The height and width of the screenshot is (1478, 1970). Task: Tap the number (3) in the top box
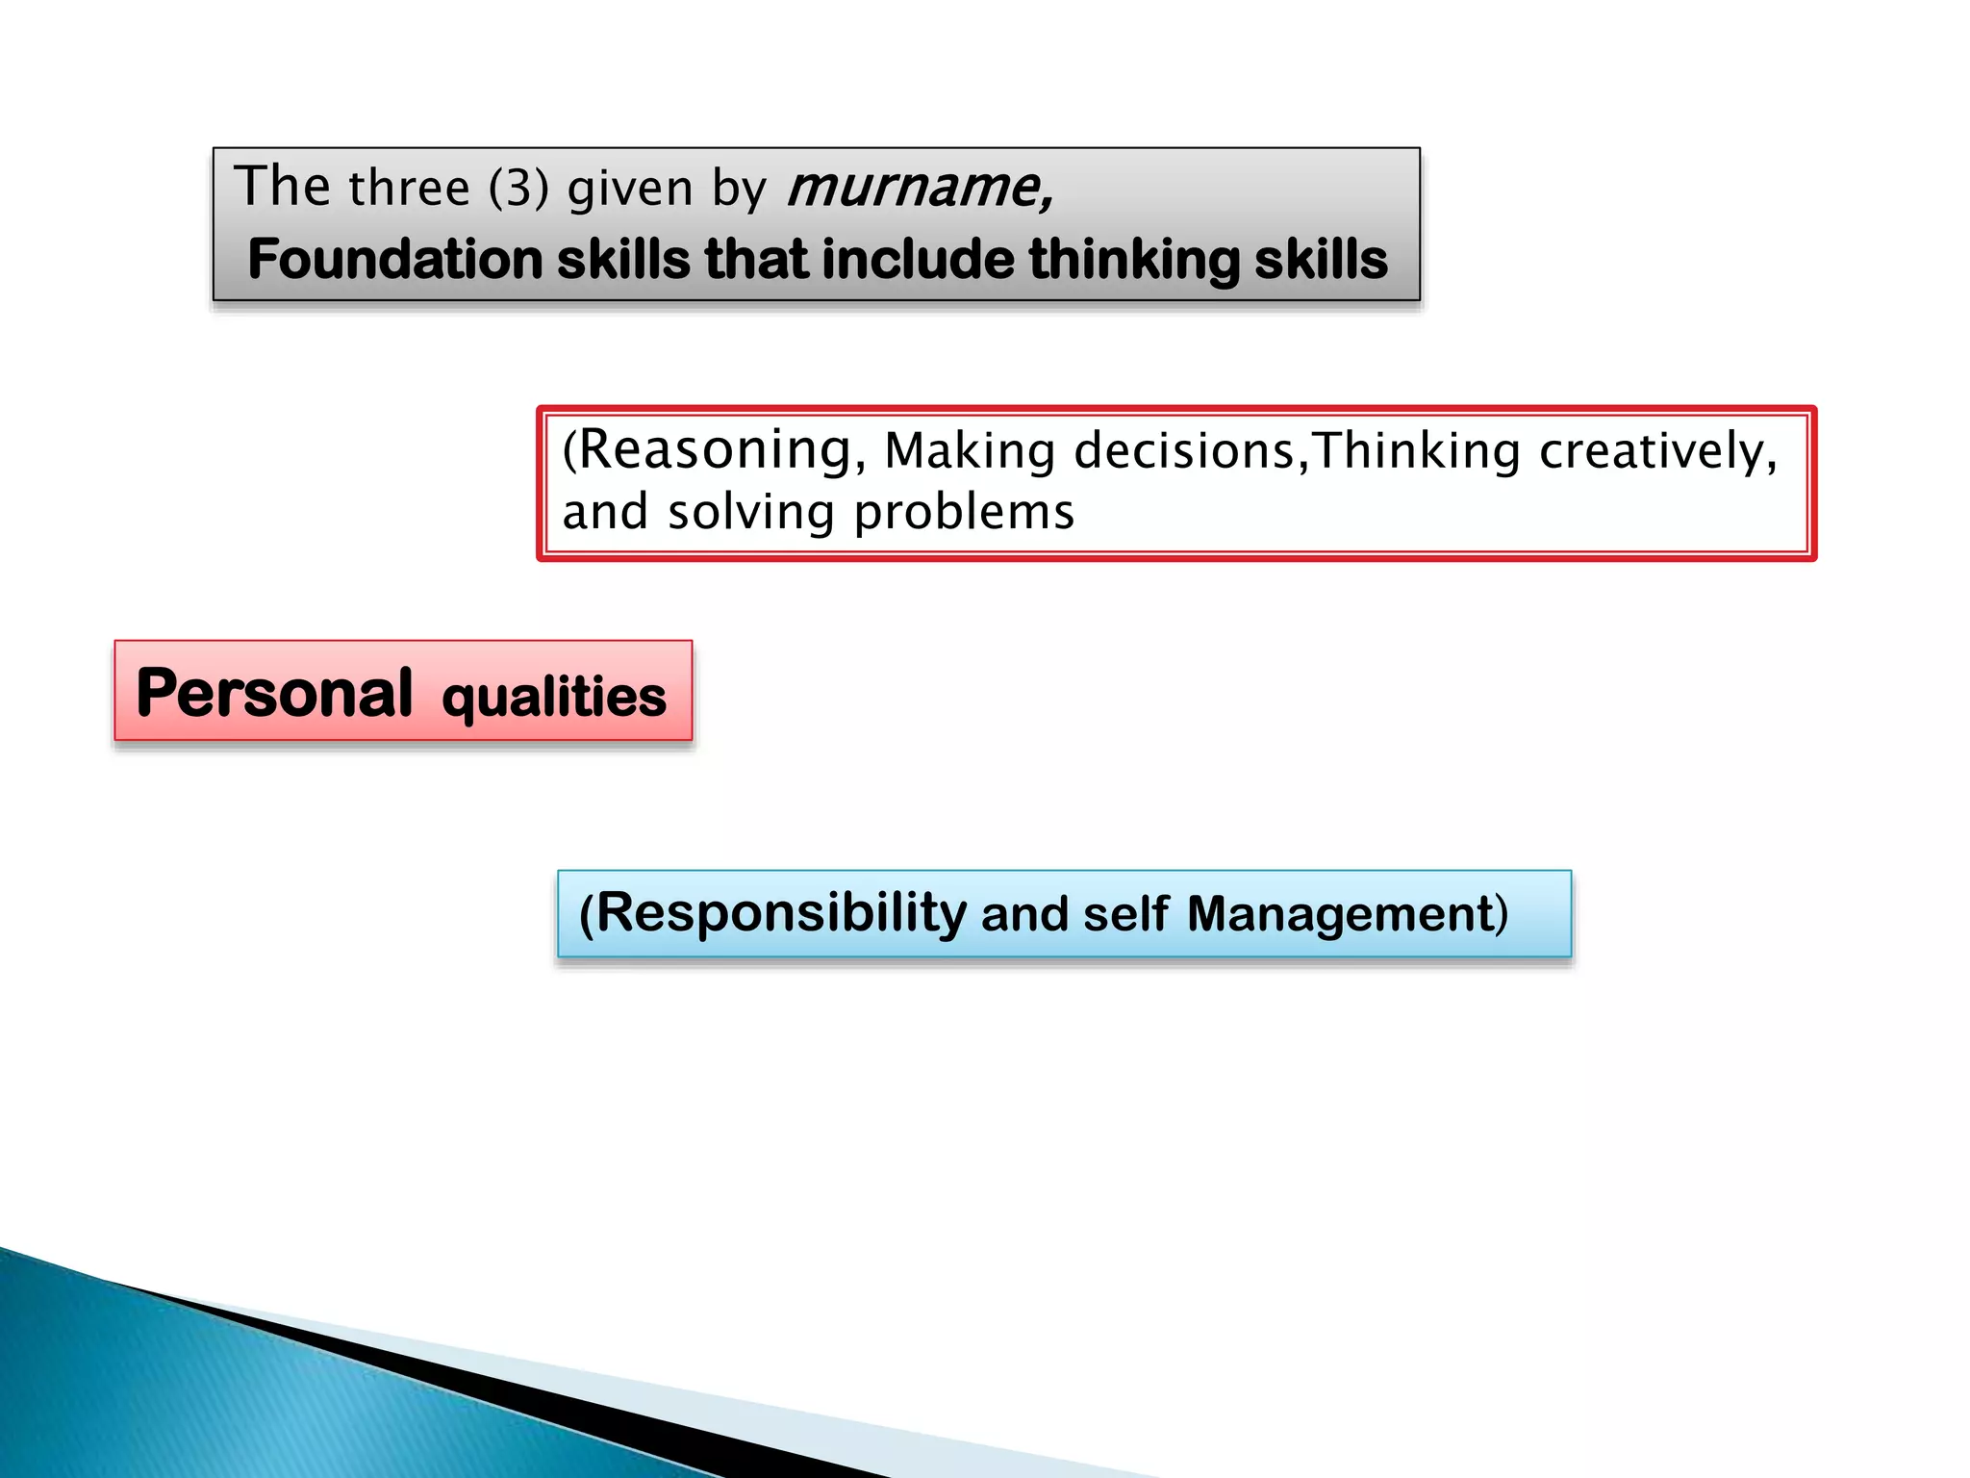point(518,188)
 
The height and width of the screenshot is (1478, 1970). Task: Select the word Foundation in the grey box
point(395,260)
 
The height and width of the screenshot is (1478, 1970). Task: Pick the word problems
point(964,512)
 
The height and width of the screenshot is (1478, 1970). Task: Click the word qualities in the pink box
point(554,697)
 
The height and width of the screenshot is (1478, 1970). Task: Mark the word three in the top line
point(410,188)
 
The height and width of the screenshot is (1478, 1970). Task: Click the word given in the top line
point(630,189)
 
